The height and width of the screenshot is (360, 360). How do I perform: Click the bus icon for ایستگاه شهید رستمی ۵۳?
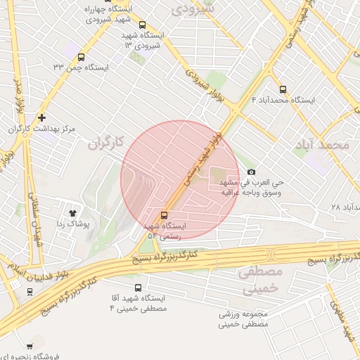(x=165, y=215)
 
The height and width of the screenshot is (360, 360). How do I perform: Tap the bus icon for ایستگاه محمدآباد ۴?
(x=283, y=89)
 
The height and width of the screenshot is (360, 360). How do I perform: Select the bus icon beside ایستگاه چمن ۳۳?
(x=81, y=57)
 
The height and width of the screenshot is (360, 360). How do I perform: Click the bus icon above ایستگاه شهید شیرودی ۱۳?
(x=143, y=25)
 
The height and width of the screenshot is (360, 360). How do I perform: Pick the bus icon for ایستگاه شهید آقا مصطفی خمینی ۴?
(x=138, y=288)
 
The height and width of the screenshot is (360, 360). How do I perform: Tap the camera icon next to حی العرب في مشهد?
(x=251, y=172)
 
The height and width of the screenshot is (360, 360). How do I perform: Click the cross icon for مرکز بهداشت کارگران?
(x=42, y=117)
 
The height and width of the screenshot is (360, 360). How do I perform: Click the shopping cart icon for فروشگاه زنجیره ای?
(x=30, y=345)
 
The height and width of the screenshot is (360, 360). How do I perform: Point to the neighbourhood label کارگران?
(x=105, y=143)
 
